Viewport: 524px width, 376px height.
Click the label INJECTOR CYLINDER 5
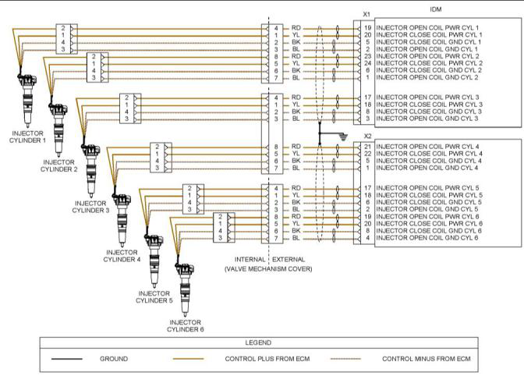click(x=154, y=297)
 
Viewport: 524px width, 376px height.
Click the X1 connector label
click(x=366, y=14)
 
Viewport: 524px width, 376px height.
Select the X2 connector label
click(x=366, y=134)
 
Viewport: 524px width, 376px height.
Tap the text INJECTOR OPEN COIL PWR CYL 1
click(x=428, y=28)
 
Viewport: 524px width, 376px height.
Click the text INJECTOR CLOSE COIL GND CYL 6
click(x=427, y=231)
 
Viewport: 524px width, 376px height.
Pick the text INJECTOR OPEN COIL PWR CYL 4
click(x=428, y=147)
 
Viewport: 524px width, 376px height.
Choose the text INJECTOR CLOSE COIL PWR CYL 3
click(x=428, y=104)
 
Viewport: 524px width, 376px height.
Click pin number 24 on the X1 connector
click(x=367, y=63)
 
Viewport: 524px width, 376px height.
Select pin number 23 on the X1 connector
click(x=367, y=56)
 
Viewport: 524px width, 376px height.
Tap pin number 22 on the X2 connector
click(x=367, y=154)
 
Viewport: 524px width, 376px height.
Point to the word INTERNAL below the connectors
click(x=249, y=258)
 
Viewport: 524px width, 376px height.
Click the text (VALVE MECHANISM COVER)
click(x=268, y=268)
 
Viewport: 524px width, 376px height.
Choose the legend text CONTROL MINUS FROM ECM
click(x=427, y=359)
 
